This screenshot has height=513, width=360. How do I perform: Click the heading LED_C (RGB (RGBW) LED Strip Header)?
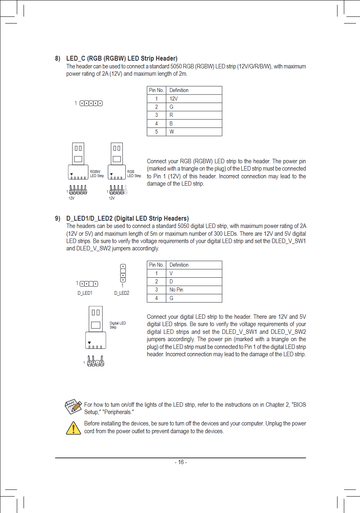tap(122, 59)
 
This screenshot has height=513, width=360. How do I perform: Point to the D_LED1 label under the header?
tap(85, 293)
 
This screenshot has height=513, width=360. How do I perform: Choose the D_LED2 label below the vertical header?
tap(122, 293)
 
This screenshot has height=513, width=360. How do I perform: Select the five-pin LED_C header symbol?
tap(91, 103)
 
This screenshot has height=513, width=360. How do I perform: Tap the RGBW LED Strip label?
tap(96, 174)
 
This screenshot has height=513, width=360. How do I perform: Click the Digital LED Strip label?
tap(117, 325)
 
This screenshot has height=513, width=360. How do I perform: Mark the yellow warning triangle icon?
tap(73, 428)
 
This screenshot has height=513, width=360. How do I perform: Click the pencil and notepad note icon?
tap(73, 406)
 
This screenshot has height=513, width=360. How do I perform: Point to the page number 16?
tap(181, 463)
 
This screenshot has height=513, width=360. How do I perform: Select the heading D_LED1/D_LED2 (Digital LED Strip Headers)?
tap(127, 219)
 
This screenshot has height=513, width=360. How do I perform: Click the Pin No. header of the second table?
tap(157, 265)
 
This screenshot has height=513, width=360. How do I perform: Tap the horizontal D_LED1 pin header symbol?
tap(89, 284)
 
